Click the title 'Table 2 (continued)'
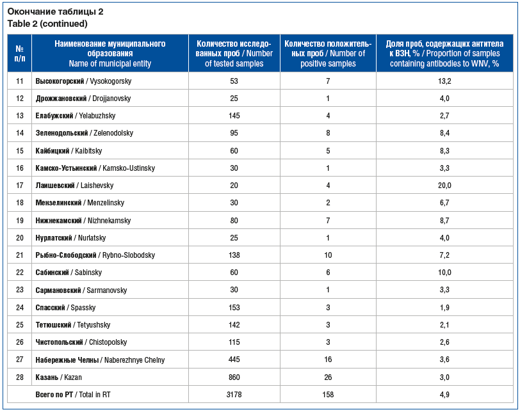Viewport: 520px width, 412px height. [47, 24]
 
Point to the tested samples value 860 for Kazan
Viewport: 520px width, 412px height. [234, 377]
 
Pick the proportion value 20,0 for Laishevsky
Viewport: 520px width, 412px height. [444, 186]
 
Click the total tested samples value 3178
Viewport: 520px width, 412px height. [234, 395]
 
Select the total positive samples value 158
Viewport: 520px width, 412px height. [328, 395]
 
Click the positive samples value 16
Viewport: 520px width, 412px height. [328, 360]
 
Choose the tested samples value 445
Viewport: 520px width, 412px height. [234, 360]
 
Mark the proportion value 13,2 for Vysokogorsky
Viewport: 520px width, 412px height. [444, 81]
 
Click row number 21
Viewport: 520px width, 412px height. [19, 255]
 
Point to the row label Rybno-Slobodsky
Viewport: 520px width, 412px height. [95, 255]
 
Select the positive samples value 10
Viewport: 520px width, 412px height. [328, 255]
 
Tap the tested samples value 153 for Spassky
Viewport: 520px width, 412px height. [234, 308]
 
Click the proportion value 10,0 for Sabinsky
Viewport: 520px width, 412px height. [444, 273]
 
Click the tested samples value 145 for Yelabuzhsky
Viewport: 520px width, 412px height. [234, 116]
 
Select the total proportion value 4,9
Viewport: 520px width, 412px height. [444, 395]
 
